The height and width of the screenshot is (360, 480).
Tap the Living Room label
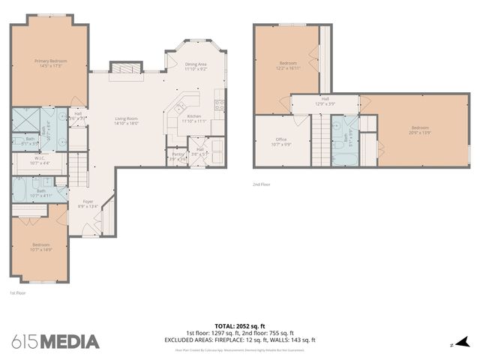(126, 118)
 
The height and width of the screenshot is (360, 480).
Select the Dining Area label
(196, 64)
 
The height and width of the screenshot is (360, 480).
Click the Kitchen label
(194, 116)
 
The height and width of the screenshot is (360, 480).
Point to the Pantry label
(177, 154)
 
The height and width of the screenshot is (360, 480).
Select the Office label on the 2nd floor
(281, 139)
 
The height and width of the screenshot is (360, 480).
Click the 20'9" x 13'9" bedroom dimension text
(421, 133)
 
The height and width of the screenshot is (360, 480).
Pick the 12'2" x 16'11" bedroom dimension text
(289, 67)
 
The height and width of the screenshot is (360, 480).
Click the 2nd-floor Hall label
(325, 98)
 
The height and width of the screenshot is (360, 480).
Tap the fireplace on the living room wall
(125, 68)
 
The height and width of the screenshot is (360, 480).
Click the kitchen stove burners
(219, 104)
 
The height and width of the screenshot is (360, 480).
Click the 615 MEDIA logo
(55, 342)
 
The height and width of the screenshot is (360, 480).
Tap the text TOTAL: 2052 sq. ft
(240, 326)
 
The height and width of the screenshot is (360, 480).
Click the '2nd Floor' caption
(261, 183)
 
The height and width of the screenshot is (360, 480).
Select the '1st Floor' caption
(18, 293)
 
